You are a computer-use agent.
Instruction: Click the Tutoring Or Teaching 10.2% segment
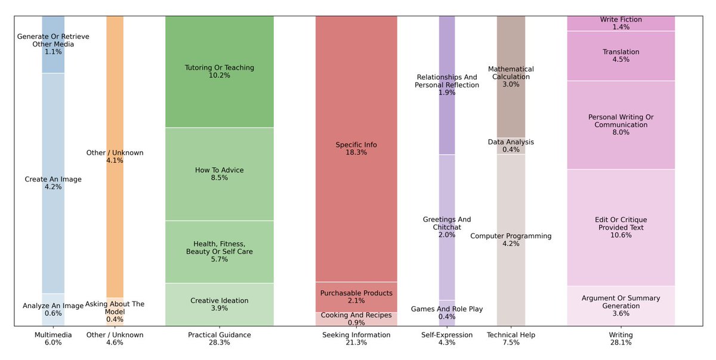[x=219, y=72]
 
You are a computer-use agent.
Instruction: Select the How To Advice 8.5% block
[x=219, y=174]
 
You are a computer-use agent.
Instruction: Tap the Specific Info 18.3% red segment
[x=356, y=149]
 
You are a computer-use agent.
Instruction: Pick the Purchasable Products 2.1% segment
[x=356, y=297]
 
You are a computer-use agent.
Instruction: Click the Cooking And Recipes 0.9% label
[x=356, y=319]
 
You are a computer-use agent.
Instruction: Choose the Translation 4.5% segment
[x=621, y=56]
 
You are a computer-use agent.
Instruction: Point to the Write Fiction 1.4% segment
[x=621, y=23]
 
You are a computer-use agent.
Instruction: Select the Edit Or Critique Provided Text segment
[x=621, y=227]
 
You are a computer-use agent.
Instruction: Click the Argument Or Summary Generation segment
[x=621, y=306]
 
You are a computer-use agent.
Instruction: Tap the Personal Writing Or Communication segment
[x=621, y=125]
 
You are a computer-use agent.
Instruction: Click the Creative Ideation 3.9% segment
[x=219, y=304]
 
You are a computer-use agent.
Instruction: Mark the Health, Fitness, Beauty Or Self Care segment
[x=219, y=251]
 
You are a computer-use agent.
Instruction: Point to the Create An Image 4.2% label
[x=53, y=183]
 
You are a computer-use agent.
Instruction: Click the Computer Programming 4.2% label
[x=511, y=239]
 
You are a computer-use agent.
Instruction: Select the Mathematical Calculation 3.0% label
[x=511, y=76]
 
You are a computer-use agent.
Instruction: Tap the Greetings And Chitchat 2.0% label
[x=446, y=227]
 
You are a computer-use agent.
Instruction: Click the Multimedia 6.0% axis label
[x=53, y=339]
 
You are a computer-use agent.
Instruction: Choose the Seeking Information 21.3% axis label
[x=356, y=339]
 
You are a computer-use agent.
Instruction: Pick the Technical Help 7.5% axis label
[x=511, y=339]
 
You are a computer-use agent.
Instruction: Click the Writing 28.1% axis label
[x=621, y=339]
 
